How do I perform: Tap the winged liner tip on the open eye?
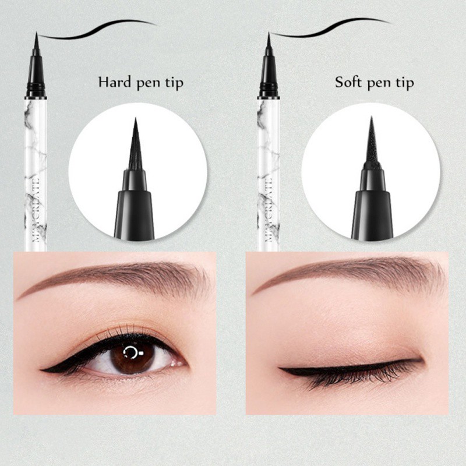pyautogui.click(x=47, y=368)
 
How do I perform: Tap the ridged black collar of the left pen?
pyautogui.click(x=36, y=89)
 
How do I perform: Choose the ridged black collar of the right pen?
pyautogui.click(x=269, y=89)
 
